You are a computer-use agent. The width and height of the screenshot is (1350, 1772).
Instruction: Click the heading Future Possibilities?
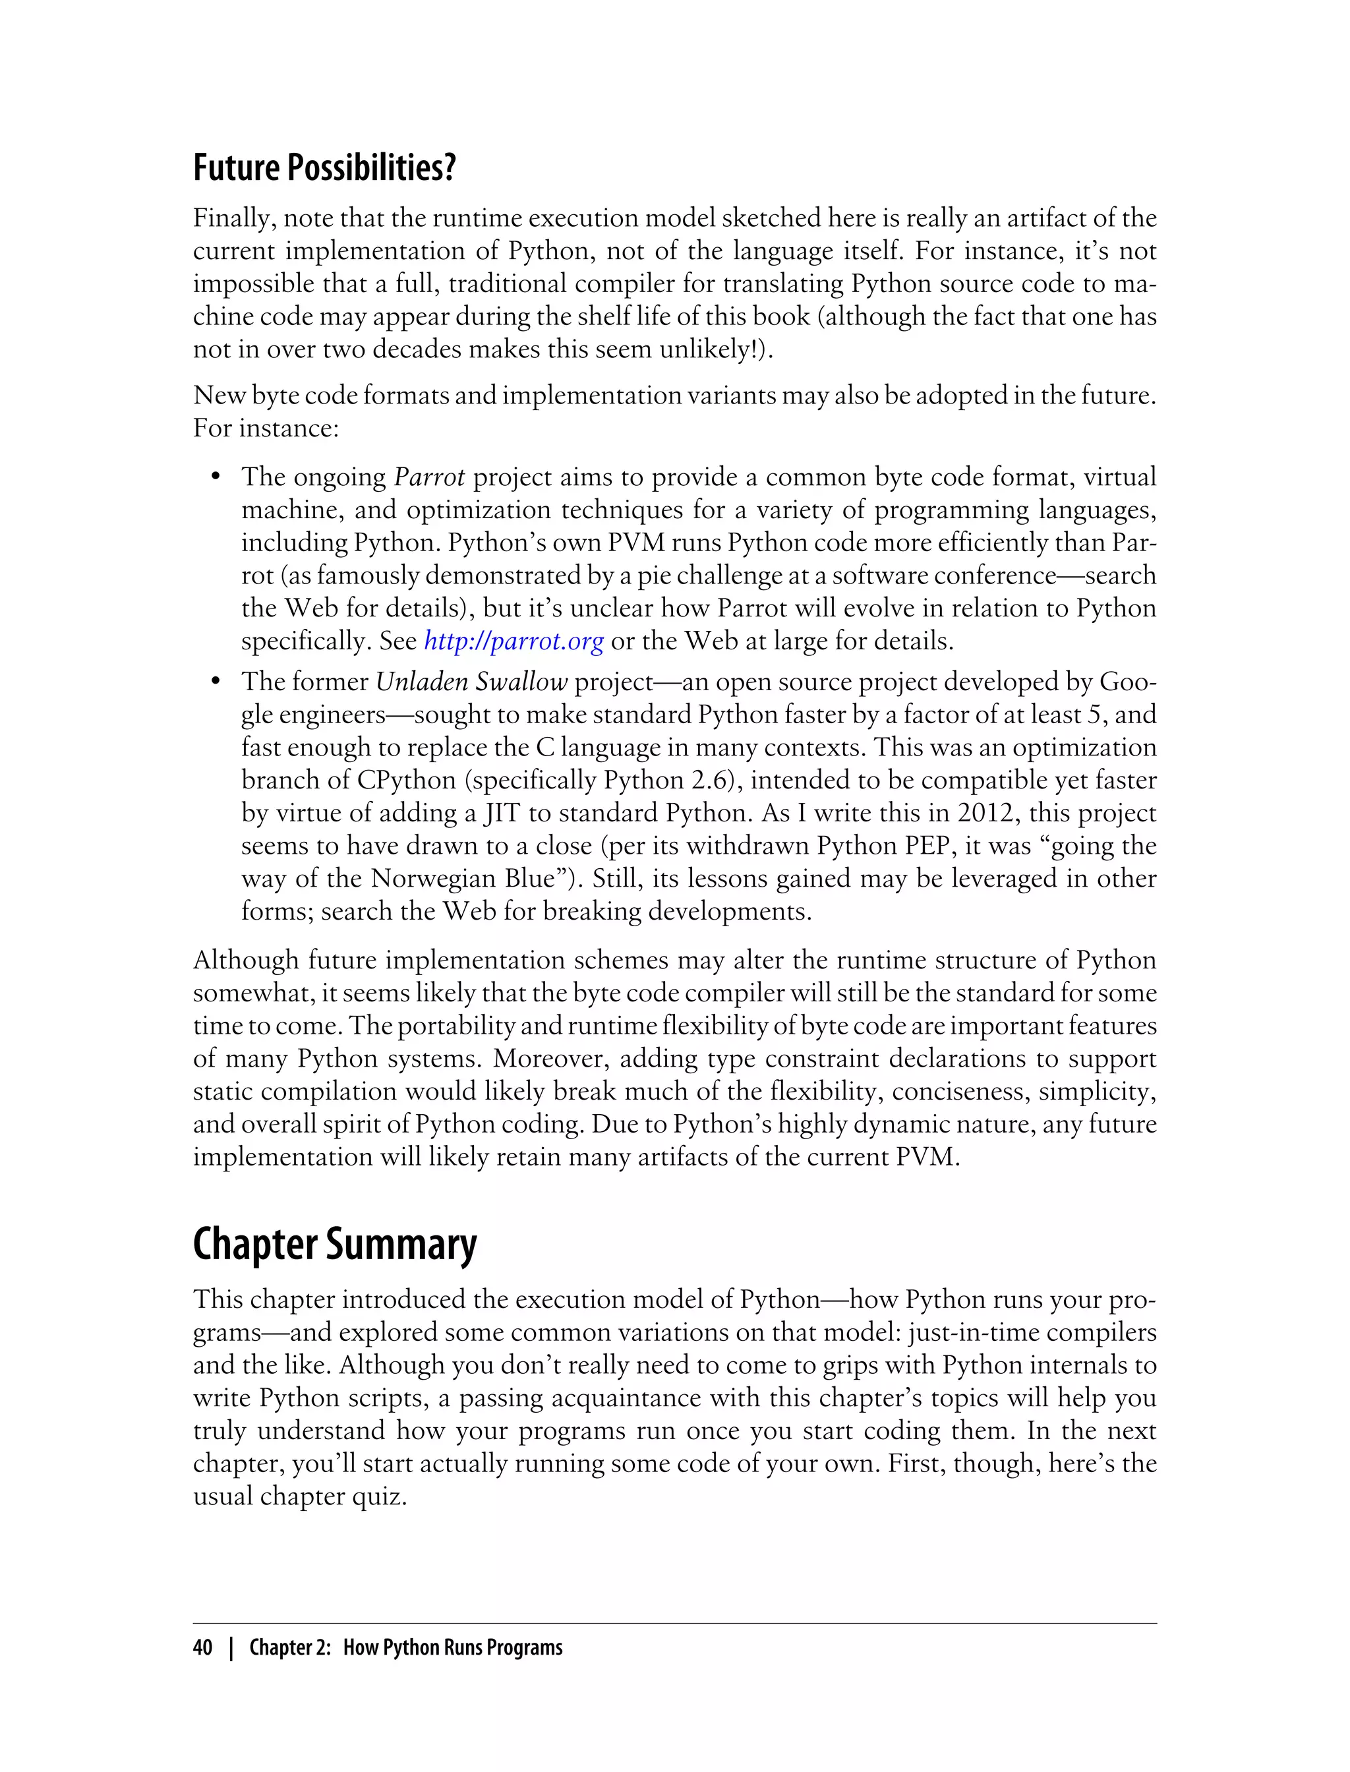point(324,167)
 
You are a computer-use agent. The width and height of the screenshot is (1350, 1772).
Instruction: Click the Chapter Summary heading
point(334,1244)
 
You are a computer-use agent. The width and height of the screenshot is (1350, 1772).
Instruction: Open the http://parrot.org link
point(514,641)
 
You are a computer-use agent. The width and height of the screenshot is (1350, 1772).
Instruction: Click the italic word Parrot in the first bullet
point(429,477)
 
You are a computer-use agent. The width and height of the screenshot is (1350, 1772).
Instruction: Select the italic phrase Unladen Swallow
point(472,682)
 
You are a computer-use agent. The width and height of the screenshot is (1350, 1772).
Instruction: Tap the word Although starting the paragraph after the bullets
point(246,960)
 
